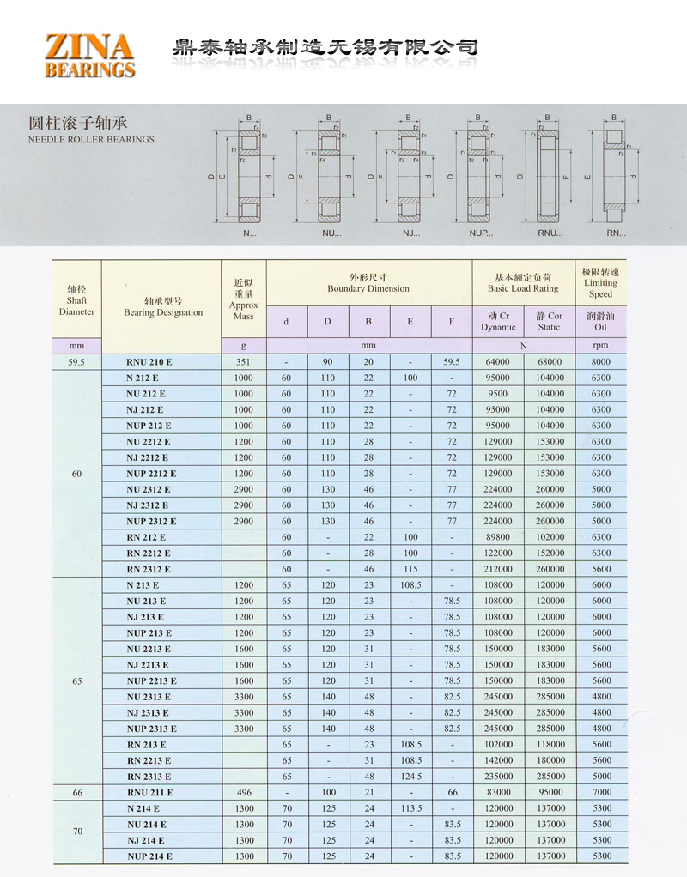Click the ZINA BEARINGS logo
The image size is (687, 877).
[90, 56]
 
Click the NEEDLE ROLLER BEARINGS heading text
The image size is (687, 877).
[91, 139]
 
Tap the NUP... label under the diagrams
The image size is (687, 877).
[481, 233]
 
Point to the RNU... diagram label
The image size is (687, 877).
[550, 233]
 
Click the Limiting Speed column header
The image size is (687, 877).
[600, 282]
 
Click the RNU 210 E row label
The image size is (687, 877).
[149, 362]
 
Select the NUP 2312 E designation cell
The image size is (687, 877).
[151, 521]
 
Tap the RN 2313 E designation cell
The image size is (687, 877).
[149, 777]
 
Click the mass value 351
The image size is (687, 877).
[243, 362]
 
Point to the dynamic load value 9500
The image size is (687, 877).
[497, 394]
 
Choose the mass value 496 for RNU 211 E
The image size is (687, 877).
[243, 793]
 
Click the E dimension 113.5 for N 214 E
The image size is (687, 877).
[410, 808]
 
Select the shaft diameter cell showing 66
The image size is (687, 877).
[77, 793]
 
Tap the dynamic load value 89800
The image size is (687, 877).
[497, 537]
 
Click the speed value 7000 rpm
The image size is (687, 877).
[600, 793]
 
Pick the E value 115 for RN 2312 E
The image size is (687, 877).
[410, 569]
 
